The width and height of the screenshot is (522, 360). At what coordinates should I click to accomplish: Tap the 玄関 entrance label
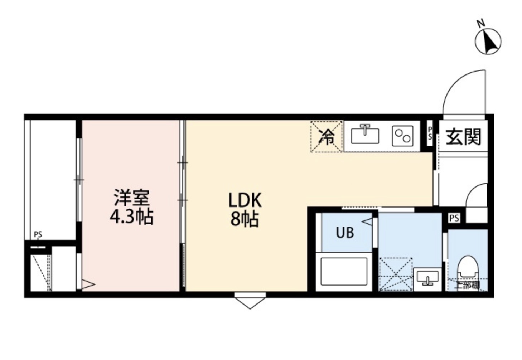(463, 137)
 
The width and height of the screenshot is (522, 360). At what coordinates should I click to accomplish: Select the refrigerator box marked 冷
(327, 137)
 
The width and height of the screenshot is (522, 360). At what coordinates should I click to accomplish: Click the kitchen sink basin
(364, 136)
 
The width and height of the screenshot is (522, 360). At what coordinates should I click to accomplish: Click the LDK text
(245, 201)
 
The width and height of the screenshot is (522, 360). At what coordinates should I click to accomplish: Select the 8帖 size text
(245, 219)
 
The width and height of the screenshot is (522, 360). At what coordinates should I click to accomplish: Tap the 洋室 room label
(131, 197)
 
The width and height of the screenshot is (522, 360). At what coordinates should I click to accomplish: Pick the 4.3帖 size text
(131, 217)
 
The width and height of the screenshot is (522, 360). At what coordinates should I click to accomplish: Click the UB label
(345, 233)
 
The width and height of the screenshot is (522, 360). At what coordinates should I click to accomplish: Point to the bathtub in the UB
(344, 271)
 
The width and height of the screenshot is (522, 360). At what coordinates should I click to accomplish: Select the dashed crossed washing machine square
(396, 274)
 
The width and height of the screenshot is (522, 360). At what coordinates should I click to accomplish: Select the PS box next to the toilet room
(454, 218)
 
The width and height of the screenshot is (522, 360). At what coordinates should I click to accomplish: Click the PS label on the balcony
(38, 235)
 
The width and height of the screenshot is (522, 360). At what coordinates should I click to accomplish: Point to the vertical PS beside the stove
(430, 133)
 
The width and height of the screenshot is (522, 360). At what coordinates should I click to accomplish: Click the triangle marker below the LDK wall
(250, 301)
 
